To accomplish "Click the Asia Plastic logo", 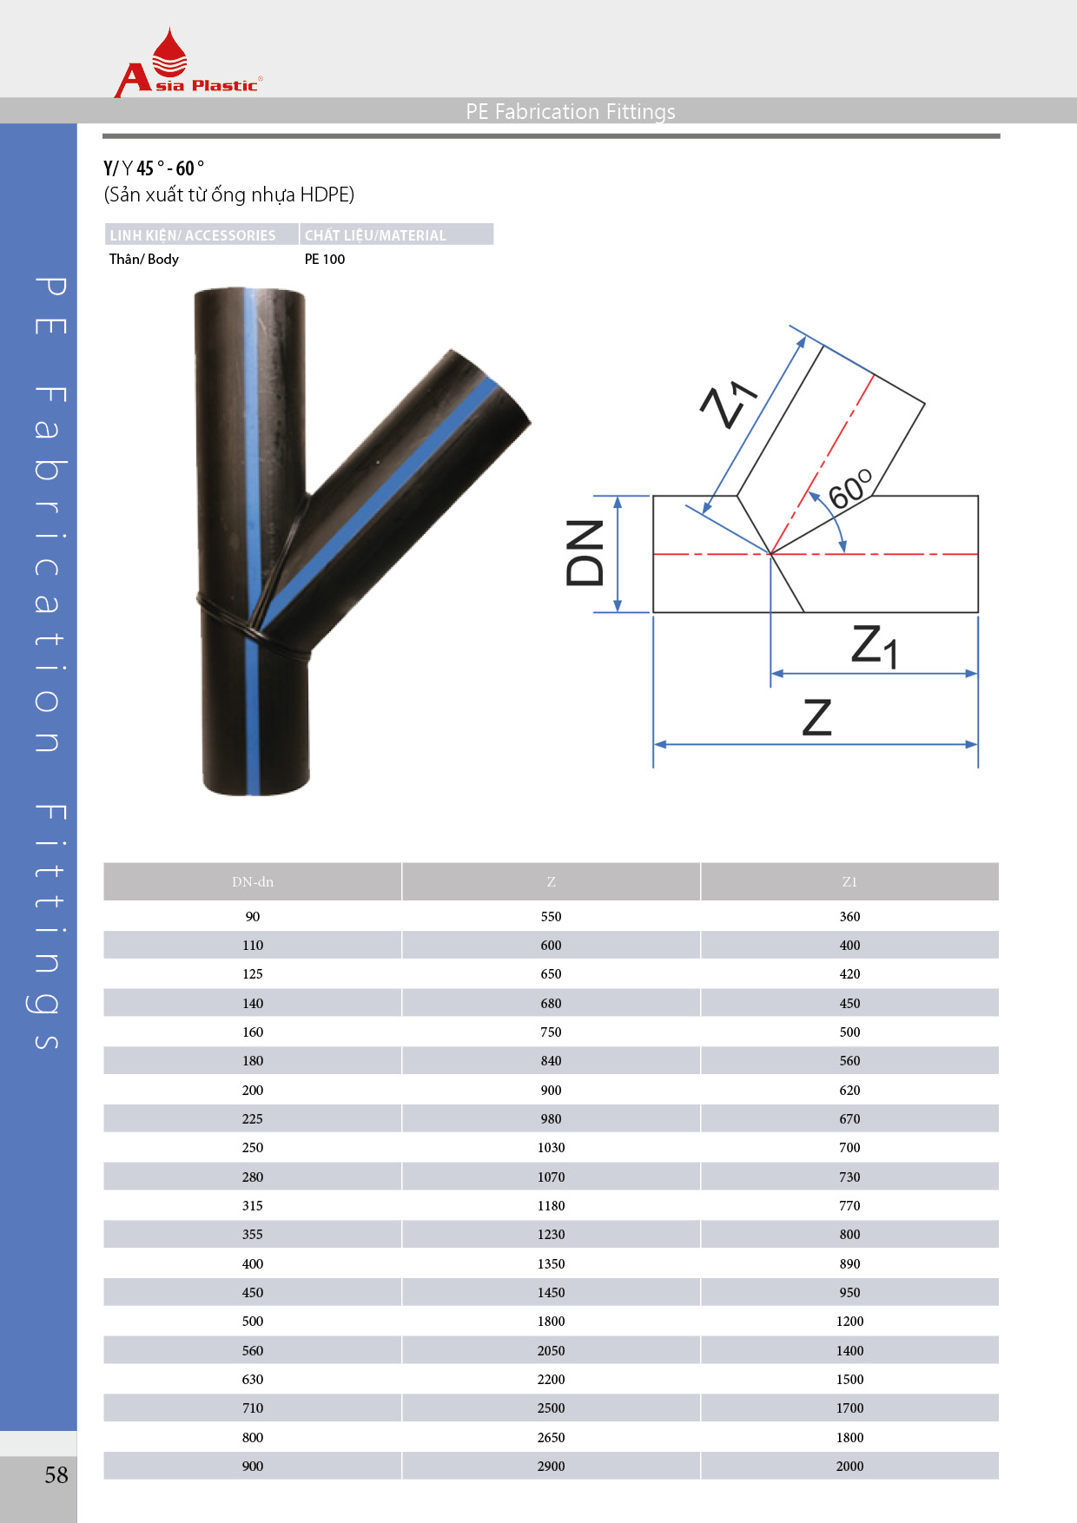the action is click(x=188, y=63).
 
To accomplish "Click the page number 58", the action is click(x=56, y=1474).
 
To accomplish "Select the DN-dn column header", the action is click(x=253, y=881).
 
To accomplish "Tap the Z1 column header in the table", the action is click(x=849, y=881).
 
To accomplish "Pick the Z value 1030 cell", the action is click(x=552, y=1148).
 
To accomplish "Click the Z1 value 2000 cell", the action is click(x=849, y=1466).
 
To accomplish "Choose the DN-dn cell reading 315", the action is click(x=253, y=1205).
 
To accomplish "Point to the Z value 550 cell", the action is click(x=552, y=916).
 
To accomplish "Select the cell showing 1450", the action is click(x=552, y=1292).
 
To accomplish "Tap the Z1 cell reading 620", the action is click(x=849, y=1090).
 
